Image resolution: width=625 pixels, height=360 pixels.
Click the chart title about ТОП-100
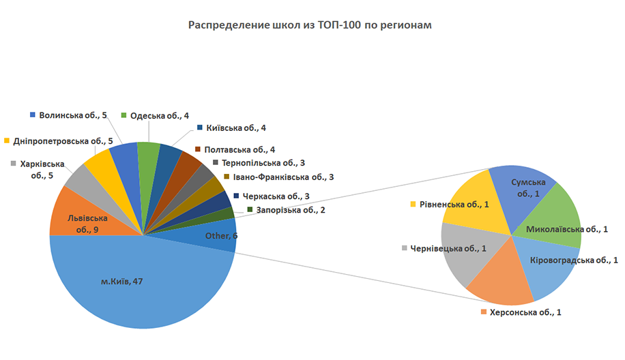point(310,25)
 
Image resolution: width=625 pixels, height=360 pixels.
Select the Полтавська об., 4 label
point(239,149)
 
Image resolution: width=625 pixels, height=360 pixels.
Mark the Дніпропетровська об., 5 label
point(63,141)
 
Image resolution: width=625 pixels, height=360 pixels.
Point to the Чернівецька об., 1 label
point(448,248)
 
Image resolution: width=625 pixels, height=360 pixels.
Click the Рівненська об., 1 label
point(453,204)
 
